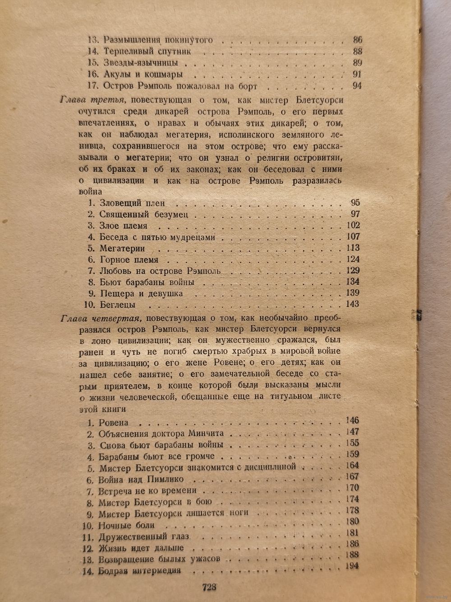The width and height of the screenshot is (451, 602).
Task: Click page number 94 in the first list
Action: [x=357, y=86]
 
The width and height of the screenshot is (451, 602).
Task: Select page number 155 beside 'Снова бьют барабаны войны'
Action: [x=351, y=443]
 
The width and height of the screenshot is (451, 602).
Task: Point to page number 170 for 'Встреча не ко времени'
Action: [x=351, y=488]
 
